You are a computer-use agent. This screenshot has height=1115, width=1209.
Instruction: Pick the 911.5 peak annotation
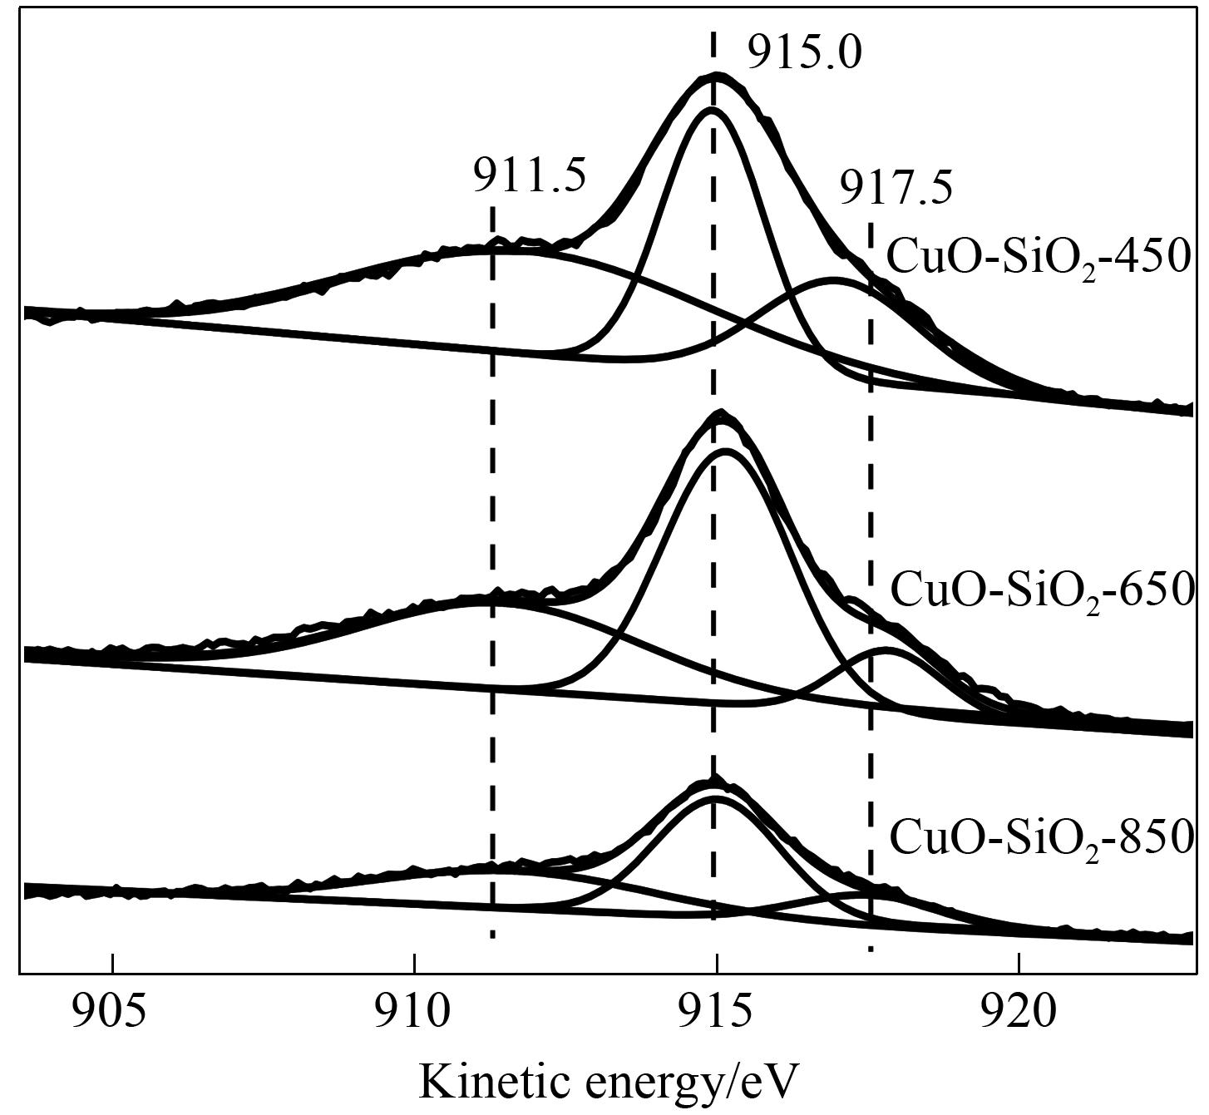[530, 175]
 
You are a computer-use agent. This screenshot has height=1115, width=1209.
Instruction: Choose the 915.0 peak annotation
[804, 54]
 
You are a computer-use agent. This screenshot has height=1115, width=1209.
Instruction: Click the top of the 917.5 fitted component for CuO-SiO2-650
[886, 649]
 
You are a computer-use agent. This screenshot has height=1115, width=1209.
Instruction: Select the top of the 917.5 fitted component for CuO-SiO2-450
[834, 280]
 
